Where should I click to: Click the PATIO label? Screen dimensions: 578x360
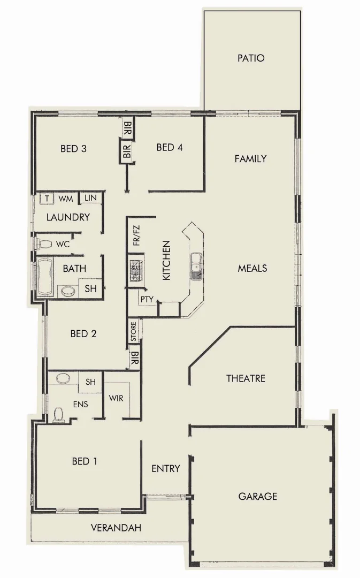pyautogui.click(x=251, y=58)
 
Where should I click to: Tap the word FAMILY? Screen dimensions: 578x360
pyautogui.click(x=250, y=159)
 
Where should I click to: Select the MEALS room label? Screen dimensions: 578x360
pyautogui.click(x=252, y=268)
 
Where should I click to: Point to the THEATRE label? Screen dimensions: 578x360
pyautogui.click(x=246, y=378)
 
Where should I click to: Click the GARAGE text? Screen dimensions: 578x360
pyautogui.click(x=257, y=496)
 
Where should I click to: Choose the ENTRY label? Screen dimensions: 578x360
pyautogui.click(x=165, y=468)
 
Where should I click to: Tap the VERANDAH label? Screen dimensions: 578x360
pyautogui.click(x=116, y=528)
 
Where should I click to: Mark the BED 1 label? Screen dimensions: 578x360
pyautogui.click(x=84, y=461)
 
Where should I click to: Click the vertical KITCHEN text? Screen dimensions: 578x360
pyautogui.click(x=166, y=261)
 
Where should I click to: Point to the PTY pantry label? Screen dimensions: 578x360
pyautogui.click(x=147, y=299)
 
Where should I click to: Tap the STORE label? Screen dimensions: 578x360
pyautogui.click(x=134, y=332)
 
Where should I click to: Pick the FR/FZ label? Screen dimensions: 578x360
pyautogui.click(x=136, y=236)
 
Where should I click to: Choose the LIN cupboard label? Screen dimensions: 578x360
pyautogui.click(x=90, y=198)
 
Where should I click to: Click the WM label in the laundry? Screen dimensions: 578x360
pyautogui.click(x=65, y=199)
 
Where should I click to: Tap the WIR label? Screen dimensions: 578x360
pyautogui.click(x=116, y=398)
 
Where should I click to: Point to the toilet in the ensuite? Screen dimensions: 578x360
pyautogui.click(x=59, y=415)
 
